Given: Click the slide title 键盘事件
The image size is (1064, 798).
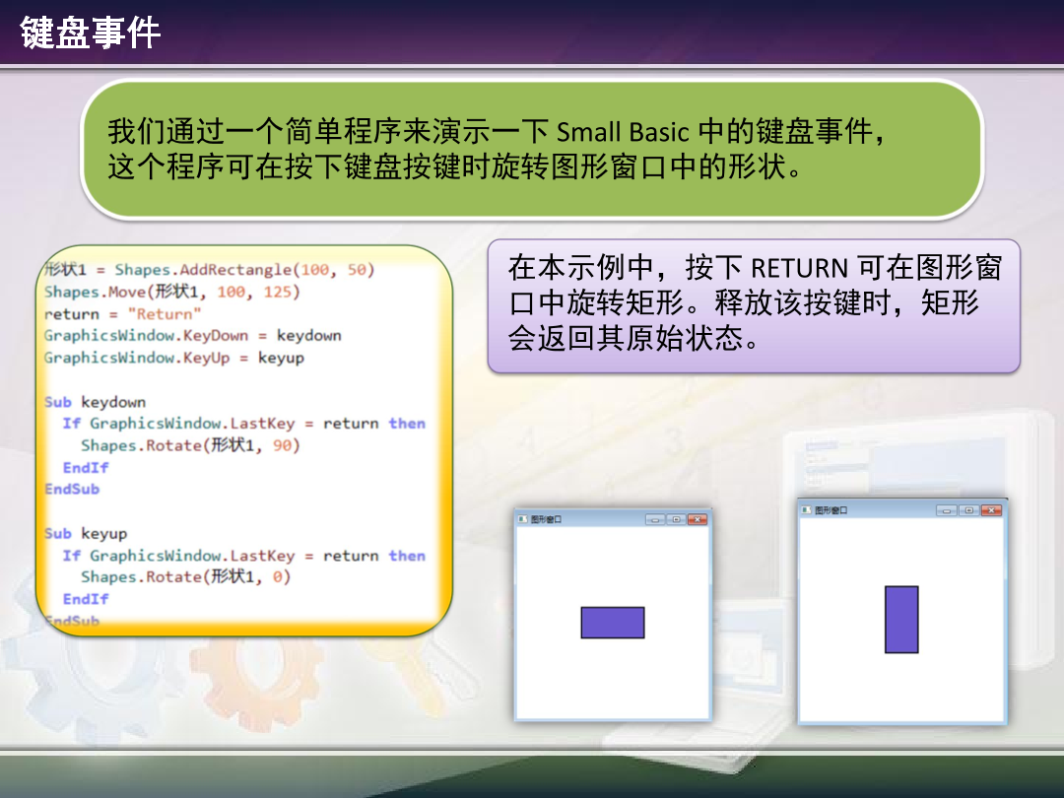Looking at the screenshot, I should tap(91, 34).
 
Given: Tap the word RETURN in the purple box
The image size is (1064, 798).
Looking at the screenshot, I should tap(799, 268).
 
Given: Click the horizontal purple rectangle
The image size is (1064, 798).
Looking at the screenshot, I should tap(613, 623).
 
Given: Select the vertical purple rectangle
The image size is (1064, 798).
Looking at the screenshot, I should tap(901, 620).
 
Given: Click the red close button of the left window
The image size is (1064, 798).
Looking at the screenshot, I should tap(698, 519).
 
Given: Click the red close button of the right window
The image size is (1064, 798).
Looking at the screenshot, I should tap(990, 510).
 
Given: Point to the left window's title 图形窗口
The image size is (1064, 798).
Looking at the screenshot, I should tap(546, 519).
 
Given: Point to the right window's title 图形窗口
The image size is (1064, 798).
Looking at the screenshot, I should tap(831, 510).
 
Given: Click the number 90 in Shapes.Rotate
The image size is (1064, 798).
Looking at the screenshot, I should tap(283, 445).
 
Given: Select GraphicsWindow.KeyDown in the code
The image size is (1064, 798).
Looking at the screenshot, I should tap(146, 336).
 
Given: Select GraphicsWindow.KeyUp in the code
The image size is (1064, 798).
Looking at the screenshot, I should tap(137, 358).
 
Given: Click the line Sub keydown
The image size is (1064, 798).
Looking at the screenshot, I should tap(96, 402).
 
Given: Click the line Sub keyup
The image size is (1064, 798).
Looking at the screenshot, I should tap(87, 534).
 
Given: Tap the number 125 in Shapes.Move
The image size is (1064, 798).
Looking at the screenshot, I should tap(278, 293).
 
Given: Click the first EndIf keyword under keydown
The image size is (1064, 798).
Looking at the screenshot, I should tap(86, 468).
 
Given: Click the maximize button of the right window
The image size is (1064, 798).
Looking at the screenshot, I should tap(968, 510).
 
